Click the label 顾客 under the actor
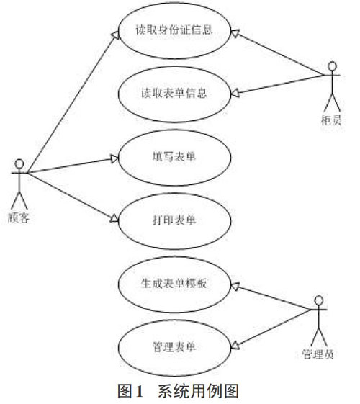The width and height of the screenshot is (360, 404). (19, 217)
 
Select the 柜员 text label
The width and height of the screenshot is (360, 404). (332, 120)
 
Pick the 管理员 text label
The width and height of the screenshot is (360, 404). (318, 354)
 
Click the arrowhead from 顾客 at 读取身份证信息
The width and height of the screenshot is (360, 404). (115, 35)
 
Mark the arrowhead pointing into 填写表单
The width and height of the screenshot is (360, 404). (114, 158)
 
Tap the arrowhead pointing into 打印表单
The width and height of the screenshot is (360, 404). (114, 219)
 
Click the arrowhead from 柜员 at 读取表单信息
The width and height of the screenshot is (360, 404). (235, 94)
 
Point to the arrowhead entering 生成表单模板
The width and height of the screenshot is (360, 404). (235, 286)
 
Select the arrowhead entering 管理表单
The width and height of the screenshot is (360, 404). (235, 346)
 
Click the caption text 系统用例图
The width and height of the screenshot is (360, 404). (199, 391)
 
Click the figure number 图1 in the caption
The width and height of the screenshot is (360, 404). (130, 391)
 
